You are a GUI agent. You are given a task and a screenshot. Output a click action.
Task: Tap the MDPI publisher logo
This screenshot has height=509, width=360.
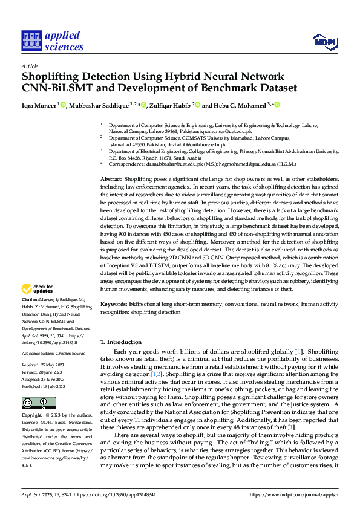click(x=324, y=41)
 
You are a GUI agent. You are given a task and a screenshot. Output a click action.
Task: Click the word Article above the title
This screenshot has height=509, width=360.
click(x=30, y=65)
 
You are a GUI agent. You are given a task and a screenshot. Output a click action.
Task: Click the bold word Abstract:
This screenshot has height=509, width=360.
click(x=111, y=180)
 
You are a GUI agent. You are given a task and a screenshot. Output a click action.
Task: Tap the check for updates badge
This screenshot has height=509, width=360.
click(x=39, y=288)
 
